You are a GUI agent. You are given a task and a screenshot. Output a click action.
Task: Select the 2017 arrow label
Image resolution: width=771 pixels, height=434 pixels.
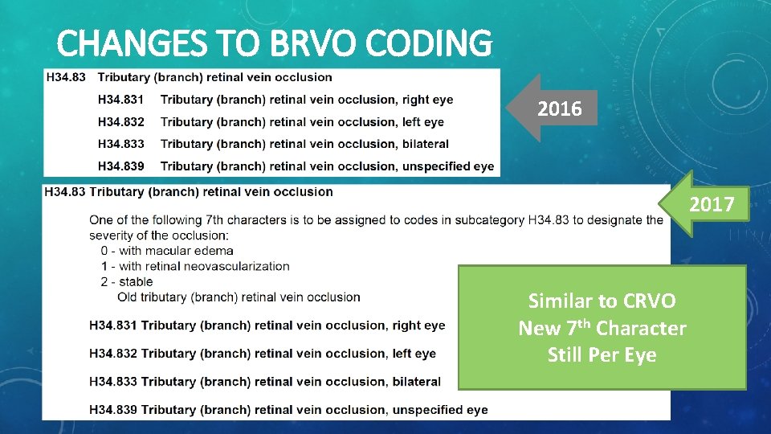click(712, 204)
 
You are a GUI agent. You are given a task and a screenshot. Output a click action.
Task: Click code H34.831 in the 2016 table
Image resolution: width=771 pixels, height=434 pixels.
click(120, 100)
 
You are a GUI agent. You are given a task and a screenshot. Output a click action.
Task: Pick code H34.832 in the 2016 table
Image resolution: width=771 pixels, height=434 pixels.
click(120, 122)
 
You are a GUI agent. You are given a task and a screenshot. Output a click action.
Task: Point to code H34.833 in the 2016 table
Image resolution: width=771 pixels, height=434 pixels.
click(120, 144)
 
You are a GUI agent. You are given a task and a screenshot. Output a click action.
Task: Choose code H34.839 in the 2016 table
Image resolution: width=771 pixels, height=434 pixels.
click(120, 166)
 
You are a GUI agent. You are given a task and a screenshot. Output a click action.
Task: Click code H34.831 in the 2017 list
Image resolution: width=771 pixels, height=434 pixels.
click(113, 325)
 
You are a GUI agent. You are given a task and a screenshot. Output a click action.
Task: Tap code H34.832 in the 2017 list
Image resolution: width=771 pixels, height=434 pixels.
click(113, 354)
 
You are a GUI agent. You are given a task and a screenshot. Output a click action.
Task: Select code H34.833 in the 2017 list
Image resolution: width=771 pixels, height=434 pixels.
click(113, 382)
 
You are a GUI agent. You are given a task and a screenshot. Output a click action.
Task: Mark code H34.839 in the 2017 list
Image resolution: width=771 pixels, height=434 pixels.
click(113, 410)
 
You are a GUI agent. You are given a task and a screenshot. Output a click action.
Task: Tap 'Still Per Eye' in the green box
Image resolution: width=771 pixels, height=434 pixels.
click(602, 355)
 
